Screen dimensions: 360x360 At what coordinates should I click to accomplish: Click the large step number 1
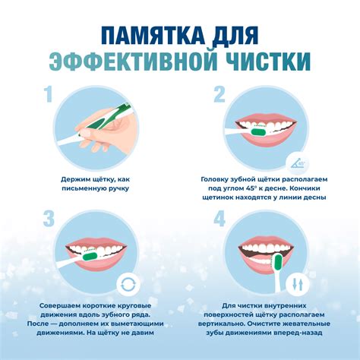pyautogui.click(x=48, y=94)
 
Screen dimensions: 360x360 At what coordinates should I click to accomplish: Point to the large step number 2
pyautogui.click(x=219, y=94)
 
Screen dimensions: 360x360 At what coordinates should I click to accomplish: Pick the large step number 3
pyautogui.click(x=49, y=219)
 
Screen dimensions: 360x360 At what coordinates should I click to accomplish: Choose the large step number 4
pyautogui.click(x=219, y=219)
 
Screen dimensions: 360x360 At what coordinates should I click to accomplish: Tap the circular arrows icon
pyautogui.click(x=128, y=284)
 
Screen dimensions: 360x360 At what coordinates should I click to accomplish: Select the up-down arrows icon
pyautogui.click(x=298, y=285)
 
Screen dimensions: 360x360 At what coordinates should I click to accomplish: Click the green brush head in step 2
pyautogui.click(x=258, y=132)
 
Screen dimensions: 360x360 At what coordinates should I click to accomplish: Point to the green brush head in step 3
pyautogui.click(x=90, y=256)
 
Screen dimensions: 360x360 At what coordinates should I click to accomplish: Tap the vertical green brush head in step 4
pyautogui.click(x=278, y=262)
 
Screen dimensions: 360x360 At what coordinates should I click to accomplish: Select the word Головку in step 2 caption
pyautogui.click(x=214, y=179)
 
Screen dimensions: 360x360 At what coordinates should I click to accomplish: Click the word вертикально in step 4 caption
pyautogui.click(x=221, y=324)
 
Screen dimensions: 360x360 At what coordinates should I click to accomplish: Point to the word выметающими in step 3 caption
pyautogui.click(x=138, y=324)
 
